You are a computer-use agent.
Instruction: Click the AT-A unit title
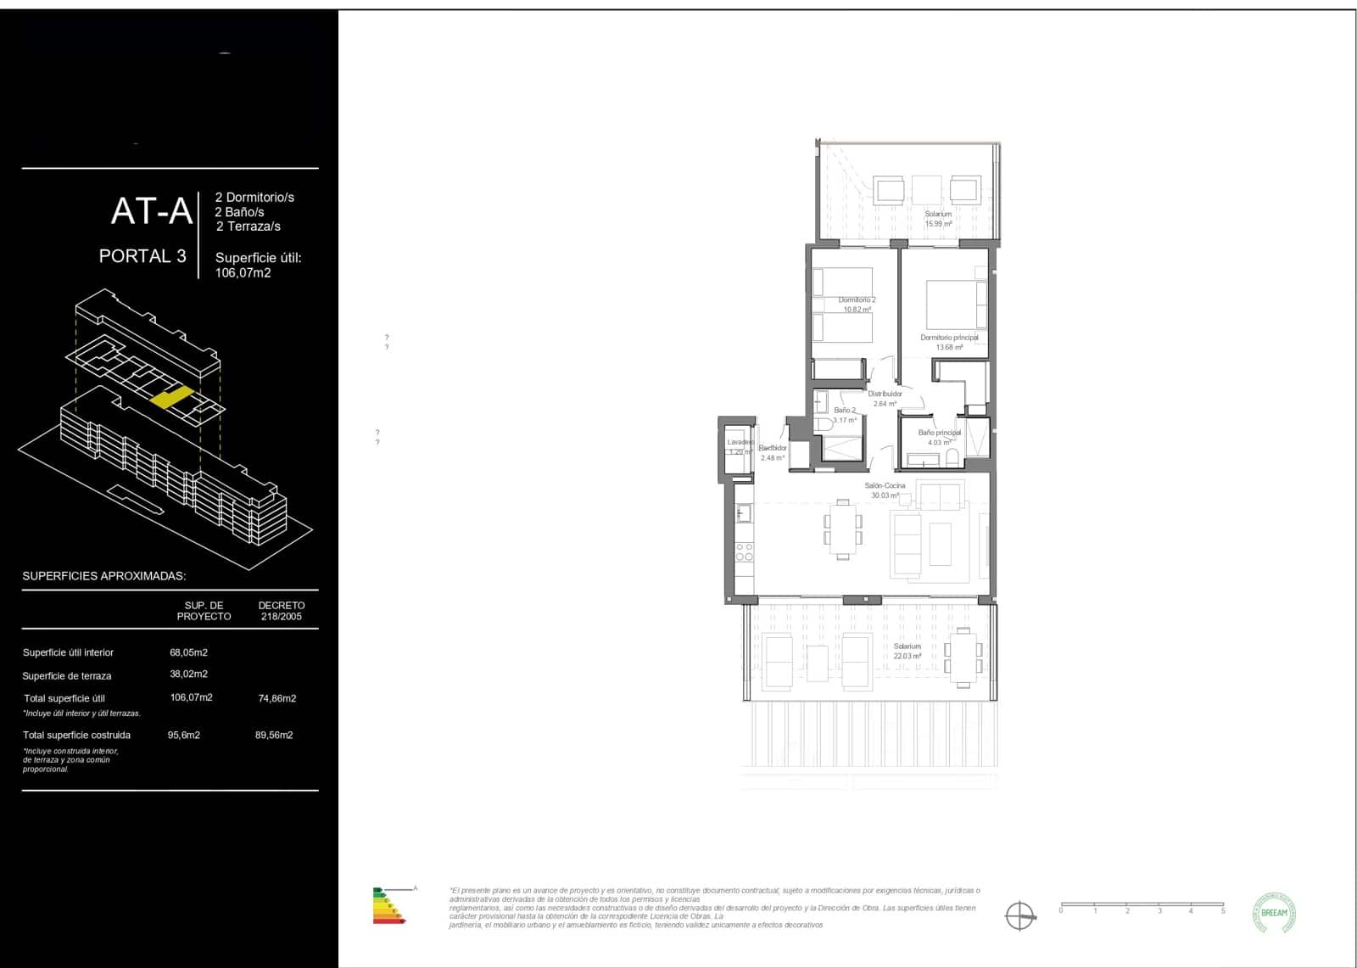click(151, 211)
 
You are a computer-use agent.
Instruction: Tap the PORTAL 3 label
click(142, 256)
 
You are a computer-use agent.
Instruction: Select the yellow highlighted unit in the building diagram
click(171, 397)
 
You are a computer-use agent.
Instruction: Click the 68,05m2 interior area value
click(188, 652)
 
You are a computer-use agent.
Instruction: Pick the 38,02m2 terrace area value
click(188, 674)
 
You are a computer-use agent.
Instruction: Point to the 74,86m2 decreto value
click(276, 698)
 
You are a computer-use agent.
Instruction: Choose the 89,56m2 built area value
click(274, 736)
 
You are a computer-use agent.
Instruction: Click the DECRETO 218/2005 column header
click(281, 611)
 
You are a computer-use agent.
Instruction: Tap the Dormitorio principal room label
click(949, 342)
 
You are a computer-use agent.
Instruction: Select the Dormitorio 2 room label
click(857, 305)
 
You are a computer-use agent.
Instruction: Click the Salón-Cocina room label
click(885, 490)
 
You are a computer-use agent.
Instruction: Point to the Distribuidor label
click(885, 398)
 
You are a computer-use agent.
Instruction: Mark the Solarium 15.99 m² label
click(938, 219)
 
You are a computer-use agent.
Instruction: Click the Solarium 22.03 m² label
click(907, 651)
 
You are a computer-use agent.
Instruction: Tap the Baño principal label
click(939, 437)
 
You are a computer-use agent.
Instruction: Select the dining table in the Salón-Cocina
click(842, 530)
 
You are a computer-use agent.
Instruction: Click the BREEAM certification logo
click(1274, 914)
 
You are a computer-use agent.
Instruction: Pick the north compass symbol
click(1019, 915)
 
